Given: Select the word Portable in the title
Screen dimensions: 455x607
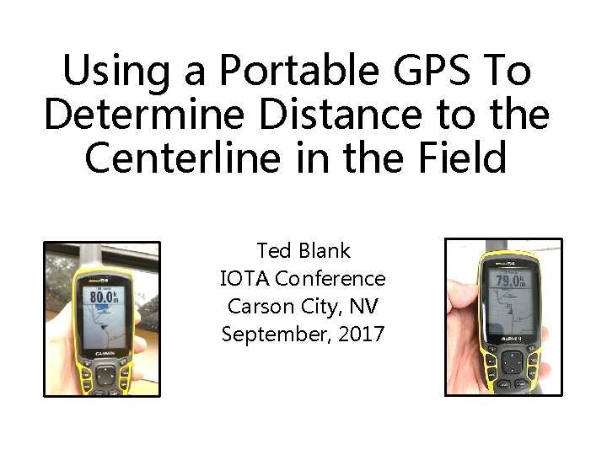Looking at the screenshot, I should tap(289, 71).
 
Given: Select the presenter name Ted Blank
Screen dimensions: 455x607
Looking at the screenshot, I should tap(303, 251).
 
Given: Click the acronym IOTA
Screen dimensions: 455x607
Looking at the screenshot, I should tap(244, 278).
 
